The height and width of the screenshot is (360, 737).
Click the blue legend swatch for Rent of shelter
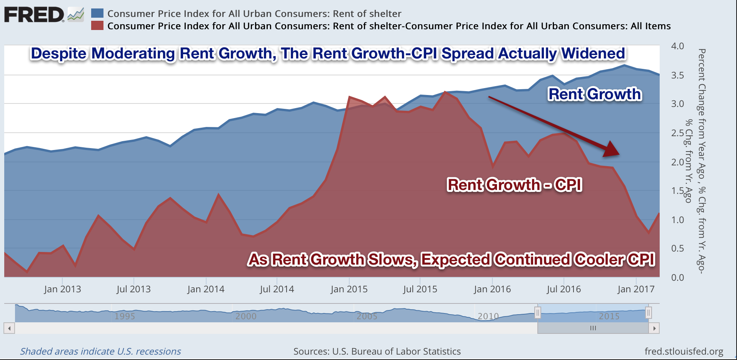(x=97, y=13)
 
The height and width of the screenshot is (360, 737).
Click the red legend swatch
(x=97, y=26)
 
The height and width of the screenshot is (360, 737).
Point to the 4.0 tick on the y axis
(x=677, y=46)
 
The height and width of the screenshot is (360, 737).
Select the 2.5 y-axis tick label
(x=677, y=133)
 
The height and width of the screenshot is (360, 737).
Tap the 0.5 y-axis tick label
(x=677, y=248)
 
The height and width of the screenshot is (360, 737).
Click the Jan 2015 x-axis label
(x=349, y=289)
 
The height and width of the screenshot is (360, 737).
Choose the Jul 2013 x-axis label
(x=133, y=289)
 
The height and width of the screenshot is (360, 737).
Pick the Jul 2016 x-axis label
(x=564, y=289)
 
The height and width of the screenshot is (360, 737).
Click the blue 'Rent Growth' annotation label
(x=595, y=94)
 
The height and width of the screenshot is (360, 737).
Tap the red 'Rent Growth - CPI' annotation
(x=514, y=185)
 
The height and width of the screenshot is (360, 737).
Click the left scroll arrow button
(x=9, y=328)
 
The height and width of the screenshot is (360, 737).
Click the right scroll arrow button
(x=654, y=328)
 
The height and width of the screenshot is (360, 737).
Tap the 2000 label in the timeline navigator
(x=246, y=316)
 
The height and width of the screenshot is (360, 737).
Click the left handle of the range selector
(x=538, y=313)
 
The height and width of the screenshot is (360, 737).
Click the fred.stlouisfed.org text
(x=684, y=352)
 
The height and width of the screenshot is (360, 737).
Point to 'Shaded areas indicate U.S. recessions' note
(x=100, y=352)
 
